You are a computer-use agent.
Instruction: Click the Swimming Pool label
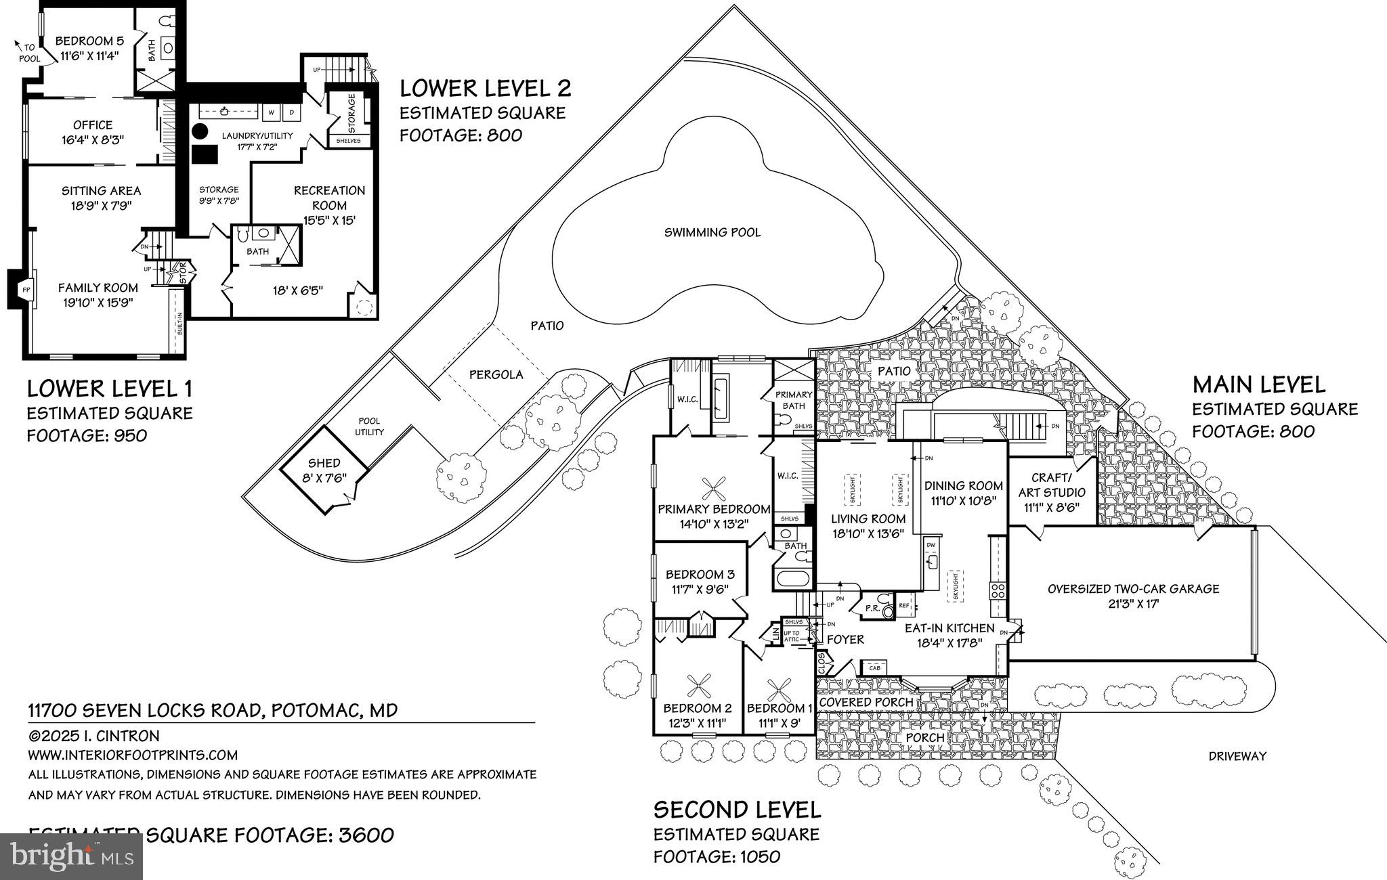click(712, 233)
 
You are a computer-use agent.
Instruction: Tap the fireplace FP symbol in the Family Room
click(26, 289)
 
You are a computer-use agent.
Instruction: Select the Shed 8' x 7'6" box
click(324, 470)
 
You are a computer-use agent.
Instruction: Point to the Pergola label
click(496, 375)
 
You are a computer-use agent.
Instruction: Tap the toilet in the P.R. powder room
click(888, 611)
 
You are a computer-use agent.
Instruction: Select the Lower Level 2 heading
click(485, 89)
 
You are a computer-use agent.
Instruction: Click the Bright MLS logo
click(71, 856)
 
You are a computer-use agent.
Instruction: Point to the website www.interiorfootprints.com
click(133, 755)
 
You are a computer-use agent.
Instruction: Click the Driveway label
click(1237, 757)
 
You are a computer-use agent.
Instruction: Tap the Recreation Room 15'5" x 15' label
click(329, 205)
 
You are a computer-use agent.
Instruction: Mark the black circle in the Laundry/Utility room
click(200, 131)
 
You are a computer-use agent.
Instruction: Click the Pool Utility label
click(369, 426)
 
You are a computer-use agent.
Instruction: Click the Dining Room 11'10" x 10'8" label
click(963, 493)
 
